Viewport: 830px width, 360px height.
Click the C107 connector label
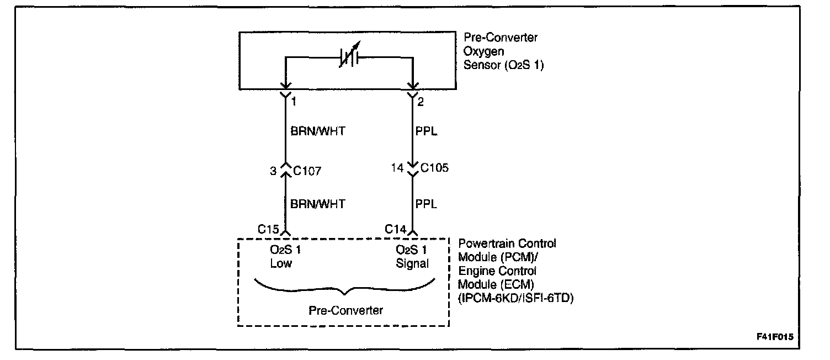(307, 171)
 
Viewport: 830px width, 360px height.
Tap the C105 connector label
(434, 168)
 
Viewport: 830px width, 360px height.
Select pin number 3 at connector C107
(273, 171)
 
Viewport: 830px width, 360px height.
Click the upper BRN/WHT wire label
(317, 133)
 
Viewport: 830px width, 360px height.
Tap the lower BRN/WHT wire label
(317, 204)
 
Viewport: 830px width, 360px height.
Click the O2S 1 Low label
(285, 257)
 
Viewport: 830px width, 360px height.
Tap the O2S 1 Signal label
(412, 257)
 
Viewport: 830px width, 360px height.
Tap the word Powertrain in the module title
(485, 243)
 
